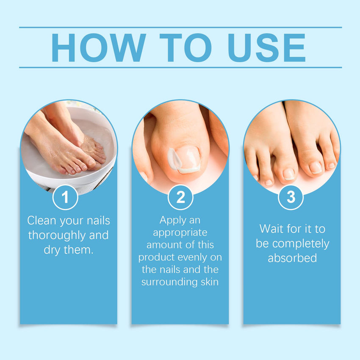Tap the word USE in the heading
pyautogui.click(x=266, y=47)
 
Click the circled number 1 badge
pyautogui.click(x=65, y=197)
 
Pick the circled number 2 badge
pyautogui.click(x=180, y=197)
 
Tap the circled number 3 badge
pyautogui.click(x=291, y=197)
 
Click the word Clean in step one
pyautogui.click(x=42, y=220)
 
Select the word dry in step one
pyautogui.click(x=52, y=250)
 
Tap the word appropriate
pyautogui.click(x=180, y=233)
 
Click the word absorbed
pyautogui.click(x=292, y=258)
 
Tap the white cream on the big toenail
pyautogui.click(x=175, y=158)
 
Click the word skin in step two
pyautogui.click(x=210, y=282)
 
